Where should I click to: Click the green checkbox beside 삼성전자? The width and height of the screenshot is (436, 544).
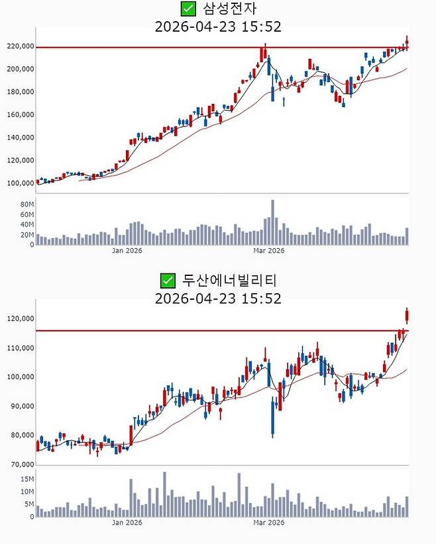[x=188, y=9]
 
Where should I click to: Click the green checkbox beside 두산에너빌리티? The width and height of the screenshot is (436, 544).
[x=168, y=280]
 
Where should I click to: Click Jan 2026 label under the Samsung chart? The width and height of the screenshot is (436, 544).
[x=127, y=251]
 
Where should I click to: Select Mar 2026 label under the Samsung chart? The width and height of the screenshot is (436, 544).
[x=268, y=251]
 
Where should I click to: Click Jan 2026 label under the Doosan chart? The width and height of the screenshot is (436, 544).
[x=127, y=523]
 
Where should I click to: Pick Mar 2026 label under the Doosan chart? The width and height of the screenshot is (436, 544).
[x=268, y=523]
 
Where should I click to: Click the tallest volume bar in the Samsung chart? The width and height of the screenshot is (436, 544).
[x=272, y=222]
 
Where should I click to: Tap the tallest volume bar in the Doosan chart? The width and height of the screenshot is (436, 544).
[x=164, y=494]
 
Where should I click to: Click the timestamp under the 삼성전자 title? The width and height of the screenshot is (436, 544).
[x=218, y=26]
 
